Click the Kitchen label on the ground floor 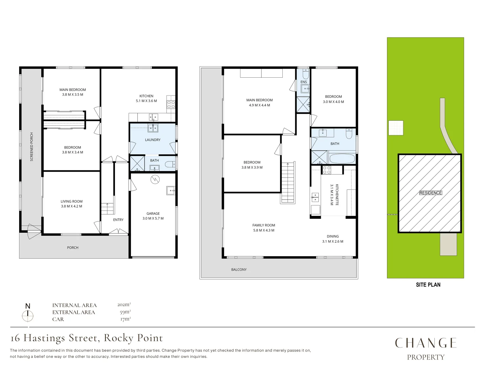[146, 98]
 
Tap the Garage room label [153, 216]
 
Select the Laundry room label [152, 140]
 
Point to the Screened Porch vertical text [32, 147]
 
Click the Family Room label [264, 228]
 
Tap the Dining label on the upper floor [333, 239]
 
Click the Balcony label [239, 270]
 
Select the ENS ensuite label [303, 82]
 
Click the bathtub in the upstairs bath [342, 159]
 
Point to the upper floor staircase [288, 182]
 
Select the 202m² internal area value [124, 305]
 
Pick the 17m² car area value [125, 319]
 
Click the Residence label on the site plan [430, 193]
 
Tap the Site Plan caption [428, 285]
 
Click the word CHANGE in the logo [426, 343]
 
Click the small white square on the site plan [396, 128]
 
